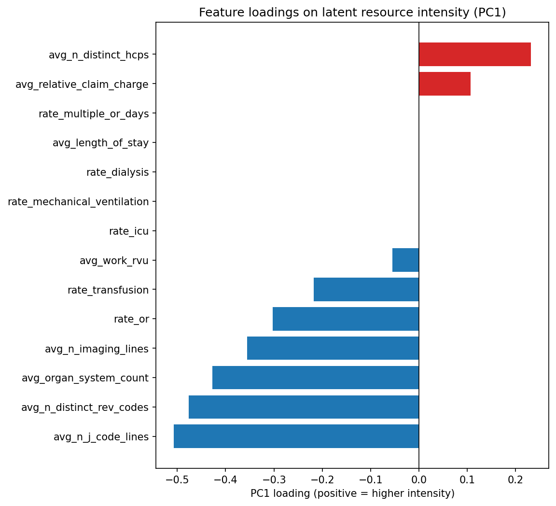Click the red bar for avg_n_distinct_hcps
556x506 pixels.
click(x=474, y=54)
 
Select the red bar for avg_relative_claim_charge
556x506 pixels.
click(x=445, y=84)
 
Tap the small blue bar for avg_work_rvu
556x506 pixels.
click(x=405, y=260)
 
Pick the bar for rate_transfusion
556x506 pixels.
click(x=366, y=290)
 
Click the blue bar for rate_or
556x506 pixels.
click(x=346, y=319)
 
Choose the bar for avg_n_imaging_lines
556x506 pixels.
click(x=333, y=348)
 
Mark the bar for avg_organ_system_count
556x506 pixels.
click(x=315, y=378)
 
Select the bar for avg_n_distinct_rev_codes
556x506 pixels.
click(x=304, y=407)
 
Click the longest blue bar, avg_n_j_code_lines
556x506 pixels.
click(x=296, y=436)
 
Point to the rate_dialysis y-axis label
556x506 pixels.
click(x=117, y=172)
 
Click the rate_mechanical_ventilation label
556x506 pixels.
click(x=78, y=202)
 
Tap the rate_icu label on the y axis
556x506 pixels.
click(x=129, y=231)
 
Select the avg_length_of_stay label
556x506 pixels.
click(x=100, y=143)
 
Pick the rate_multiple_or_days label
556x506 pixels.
click(x=94, y=114)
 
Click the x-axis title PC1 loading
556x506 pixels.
click(x=352, y=493)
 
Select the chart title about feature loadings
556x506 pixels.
click(x=352, y=13)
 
